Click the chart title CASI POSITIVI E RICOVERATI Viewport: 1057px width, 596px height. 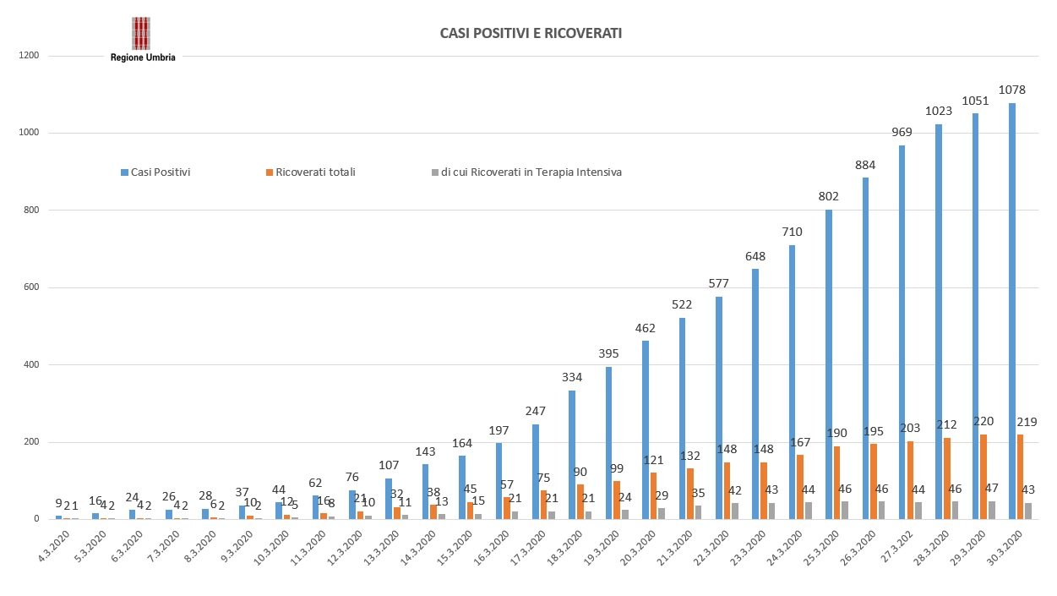(531, 34)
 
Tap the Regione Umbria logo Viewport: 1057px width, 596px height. (142, 40)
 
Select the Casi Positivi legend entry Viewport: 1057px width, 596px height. (155, 172)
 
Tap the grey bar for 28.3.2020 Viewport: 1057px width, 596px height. (955, 510)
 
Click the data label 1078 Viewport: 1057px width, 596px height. (1011, 89)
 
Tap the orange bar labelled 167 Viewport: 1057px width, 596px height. (799, 487)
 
